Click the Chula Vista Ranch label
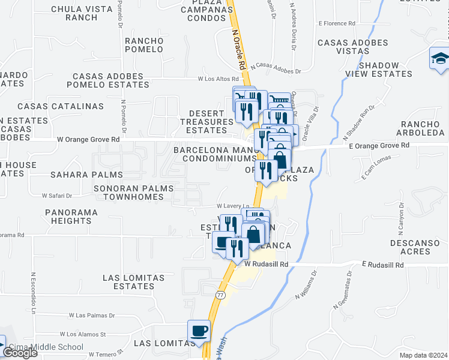tap(83, 13)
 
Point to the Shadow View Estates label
tap(379, 70)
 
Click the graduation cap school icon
tap(440, 59)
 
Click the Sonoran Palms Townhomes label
tap(133, 192)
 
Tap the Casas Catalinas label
tap(61, 106)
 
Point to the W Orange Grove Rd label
tap(88, 139)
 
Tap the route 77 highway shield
tap(220, 295)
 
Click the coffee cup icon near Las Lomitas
tap(199, 331)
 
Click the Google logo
tap(19, 353)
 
